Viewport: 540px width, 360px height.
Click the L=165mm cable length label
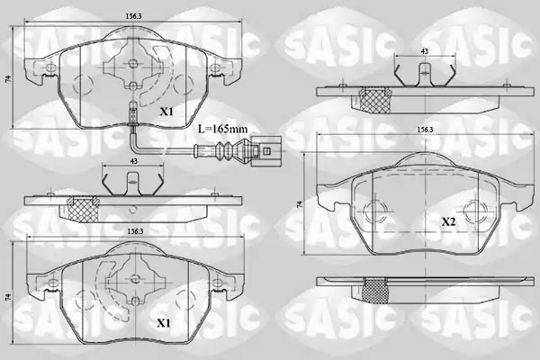tap(222, 130)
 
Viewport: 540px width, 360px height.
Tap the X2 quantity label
tap(449, 222)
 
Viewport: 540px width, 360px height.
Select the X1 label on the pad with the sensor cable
tap(166, 112)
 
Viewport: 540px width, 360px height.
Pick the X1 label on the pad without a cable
tap(164, 323)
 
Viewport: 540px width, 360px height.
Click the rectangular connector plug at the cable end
tap(265, 150)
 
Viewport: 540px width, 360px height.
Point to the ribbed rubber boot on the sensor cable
tap(223, 150)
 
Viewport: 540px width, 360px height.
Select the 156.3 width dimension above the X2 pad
tap(425, 130)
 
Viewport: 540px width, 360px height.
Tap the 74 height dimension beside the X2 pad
tap(301, 204)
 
